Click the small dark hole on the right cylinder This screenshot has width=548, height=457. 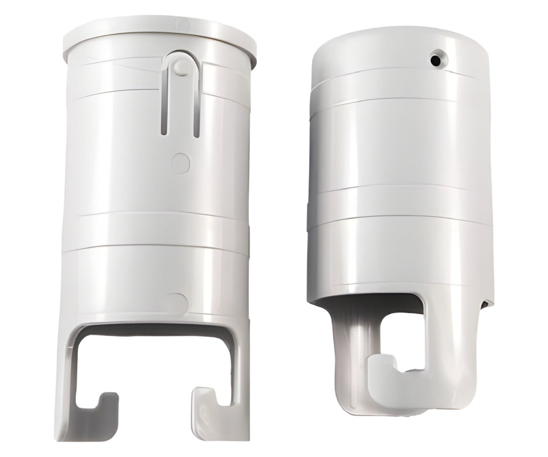[435, 60]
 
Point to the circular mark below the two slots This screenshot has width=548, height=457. [181, 163]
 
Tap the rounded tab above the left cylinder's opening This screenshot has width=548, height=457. [178, 301]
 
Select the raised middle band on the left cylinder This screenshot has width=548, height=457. [156, 229]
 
